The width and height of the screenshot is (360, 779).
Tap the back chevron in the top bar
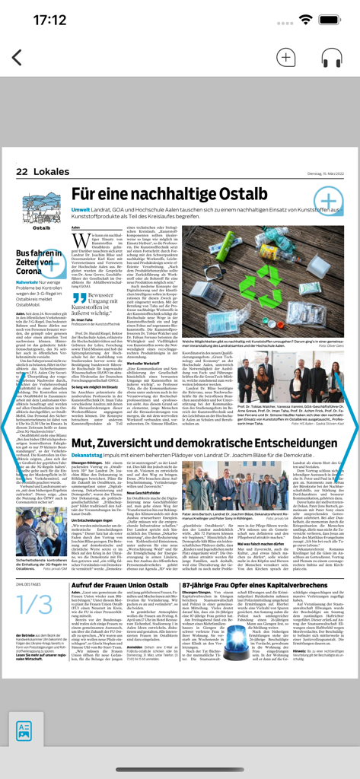pos(17,58)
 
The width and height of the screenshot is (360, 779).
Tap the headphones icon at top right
pos(331,58)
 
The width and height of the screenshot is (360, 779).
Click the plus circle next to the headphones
pos(286,58)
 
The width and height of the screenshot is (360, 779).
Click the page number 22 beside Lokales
pos(22,172)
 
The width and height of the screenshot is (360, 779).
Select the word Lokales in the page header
pos(51,172)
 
